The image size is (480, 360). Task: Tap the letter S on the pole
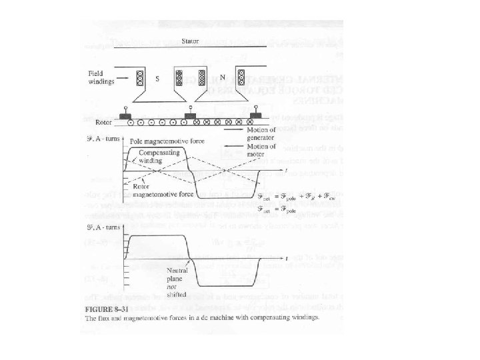coord(157,79)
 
